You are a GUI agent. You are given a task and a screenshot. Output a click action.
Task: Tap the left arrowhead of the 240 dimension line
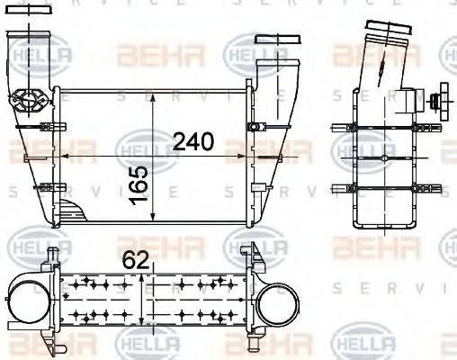60,157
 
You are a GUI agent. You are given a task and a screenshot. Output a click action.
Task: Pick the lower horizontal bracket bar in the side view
377,187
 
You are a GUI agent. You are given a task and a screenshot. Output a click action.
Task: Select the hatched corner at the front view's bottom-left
71,214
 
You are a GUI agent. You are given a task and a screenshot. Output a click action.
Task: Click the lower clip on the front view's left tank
43,187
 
